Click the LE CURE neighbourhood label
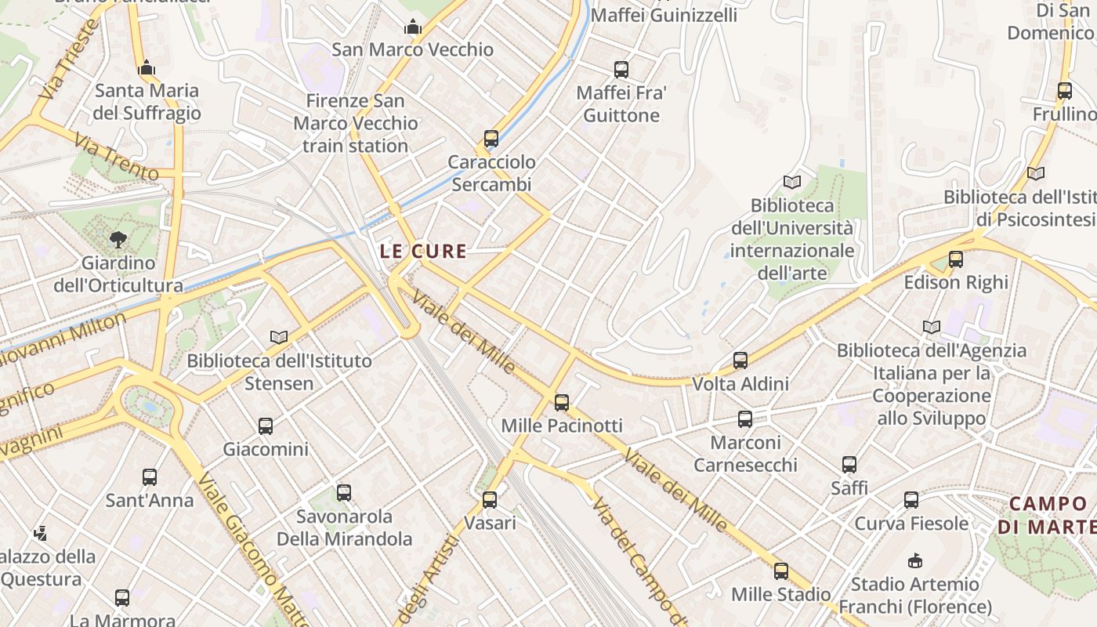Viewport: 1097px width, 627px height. [x=423, y=252]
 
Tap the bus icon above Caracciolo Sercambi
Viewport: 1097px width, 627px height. [x=491, y=139]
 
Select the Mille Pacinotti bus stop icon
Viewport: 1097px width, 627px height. [x=562, y=403]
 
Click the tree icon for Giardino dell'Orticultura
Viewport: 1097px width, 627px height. [x=118, y=239]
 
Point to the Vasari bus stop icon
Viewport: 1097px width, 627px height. [x=490, y=499]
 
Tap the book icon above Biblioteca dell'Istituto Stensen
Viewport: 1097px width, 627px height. [x=278, y=337]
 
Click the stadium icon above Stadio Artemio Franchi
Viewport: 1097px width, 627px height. [x=914, y=560]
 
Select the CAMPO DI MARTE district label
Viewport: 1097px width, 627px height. [x=1048, y=514]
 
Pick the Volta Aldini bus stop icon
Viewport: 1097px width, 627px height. [x=740, y=361]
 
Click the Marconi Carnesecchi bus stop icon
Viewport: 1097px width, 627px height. [x=745, y=419]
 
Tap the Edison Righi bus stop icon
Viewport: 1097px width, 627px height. [x=955, y=259]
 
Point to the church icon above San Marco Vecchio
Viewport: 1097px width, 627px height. [x=412, y=27]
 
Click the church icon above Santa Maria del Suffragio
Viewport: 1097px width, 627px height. [x=147, y=68]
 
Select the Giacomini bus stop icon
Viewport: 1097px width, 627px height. [x=266, y=426]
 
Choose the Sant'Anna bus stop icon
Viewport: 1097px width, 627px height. [x=150, y=477]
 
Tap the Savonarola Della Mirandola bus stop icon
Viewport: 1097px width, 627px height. [x=344, y=493]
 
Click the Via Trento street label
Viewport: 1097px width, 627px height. [x=116, y=157]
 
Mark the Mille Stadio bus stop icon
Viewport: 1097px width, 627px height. [x=781, y=571]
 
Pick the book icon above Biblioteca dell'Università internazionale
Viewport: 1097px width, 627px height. [x=792, y=183]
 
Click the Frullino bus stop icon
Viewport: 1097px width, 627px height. [x=1065, y=91]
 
